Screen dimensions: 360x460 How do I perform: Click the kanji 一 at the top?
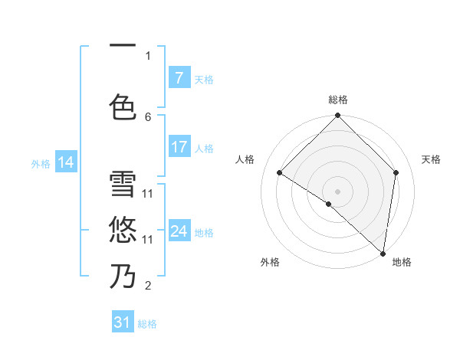(123, 45)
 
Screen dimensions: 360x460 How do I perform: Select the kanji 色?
(123, 106)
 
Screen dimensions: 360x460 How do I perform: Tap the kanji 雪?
(123, 185)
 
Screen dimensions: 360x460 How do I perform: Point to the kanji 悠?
(123, 229)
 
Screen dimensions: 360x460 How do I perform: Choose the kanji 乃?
(123, 275)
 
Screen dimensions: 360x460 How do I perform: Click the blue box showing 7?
(179, 78)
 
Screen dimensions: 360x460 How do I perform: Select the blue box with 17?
(179, 147)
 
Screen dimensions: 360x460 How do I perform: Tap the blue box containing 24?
(179, 231)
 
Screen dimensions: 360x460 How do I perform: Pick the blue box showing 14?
(66, 162)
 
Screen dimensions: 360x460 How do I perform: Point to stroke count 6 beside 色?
(148, 116)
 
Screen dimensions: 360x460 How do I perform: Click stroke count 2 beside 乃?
(148, 286)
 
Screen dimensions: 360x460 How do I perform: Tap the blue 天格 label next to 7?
(204, 79)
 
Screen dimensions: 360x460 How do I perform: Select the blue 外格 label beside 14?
(41, 163)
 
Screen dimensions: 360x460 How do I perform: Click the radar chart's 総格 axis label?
(338, 100)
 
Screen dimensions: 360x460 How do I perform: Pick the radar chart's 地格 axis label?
(402, 262)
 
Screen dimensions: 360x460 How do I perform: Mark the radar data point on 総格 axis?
(338, 116)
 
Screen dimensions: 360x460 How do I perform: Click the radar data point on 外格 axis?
(328, 204)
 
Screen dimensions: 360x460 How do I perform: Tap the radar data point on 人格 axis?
(280, 172)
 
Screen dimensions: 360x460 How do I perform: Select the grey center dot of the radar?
(338, 191)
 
